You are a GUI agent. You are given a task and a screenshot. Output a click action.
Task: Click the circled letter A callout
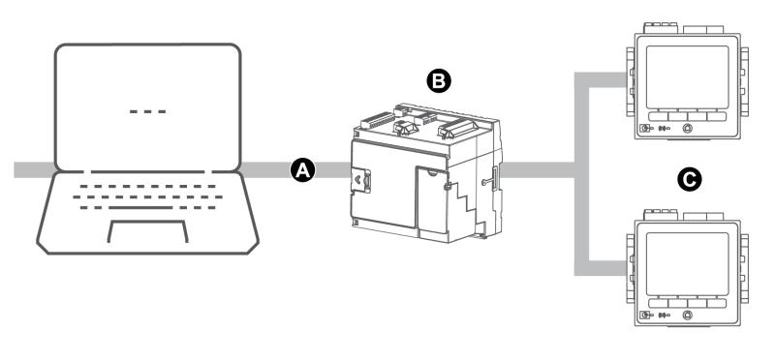click(302, 170)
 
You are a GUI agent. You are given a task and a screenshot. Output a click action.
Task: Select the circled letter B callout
click(438, 81)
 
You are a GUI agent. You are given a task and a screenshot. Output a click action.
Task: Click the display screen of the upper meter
click(684, 73)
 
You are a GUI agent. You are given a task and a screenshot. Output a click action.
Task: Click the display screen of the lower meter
click(684, 262)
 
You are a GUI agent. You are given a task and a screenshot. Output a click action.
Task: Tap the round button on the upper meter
click(687, 127)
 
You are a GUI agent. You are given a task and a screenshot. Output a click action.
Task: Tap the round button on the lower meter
click(687, 316)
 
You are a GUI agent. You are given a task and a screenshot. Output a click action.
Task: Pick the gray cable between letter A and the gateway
click(329, 170)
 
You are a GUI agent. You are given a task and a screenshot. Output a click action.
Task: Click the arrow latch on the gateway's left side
click(360, 179)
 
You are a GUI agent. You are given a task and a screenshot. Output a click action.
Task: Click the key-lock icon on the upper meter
click(646, 128)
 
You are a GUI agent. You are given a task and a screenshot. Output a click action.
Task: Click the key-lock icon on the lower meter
click(646, 316)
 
